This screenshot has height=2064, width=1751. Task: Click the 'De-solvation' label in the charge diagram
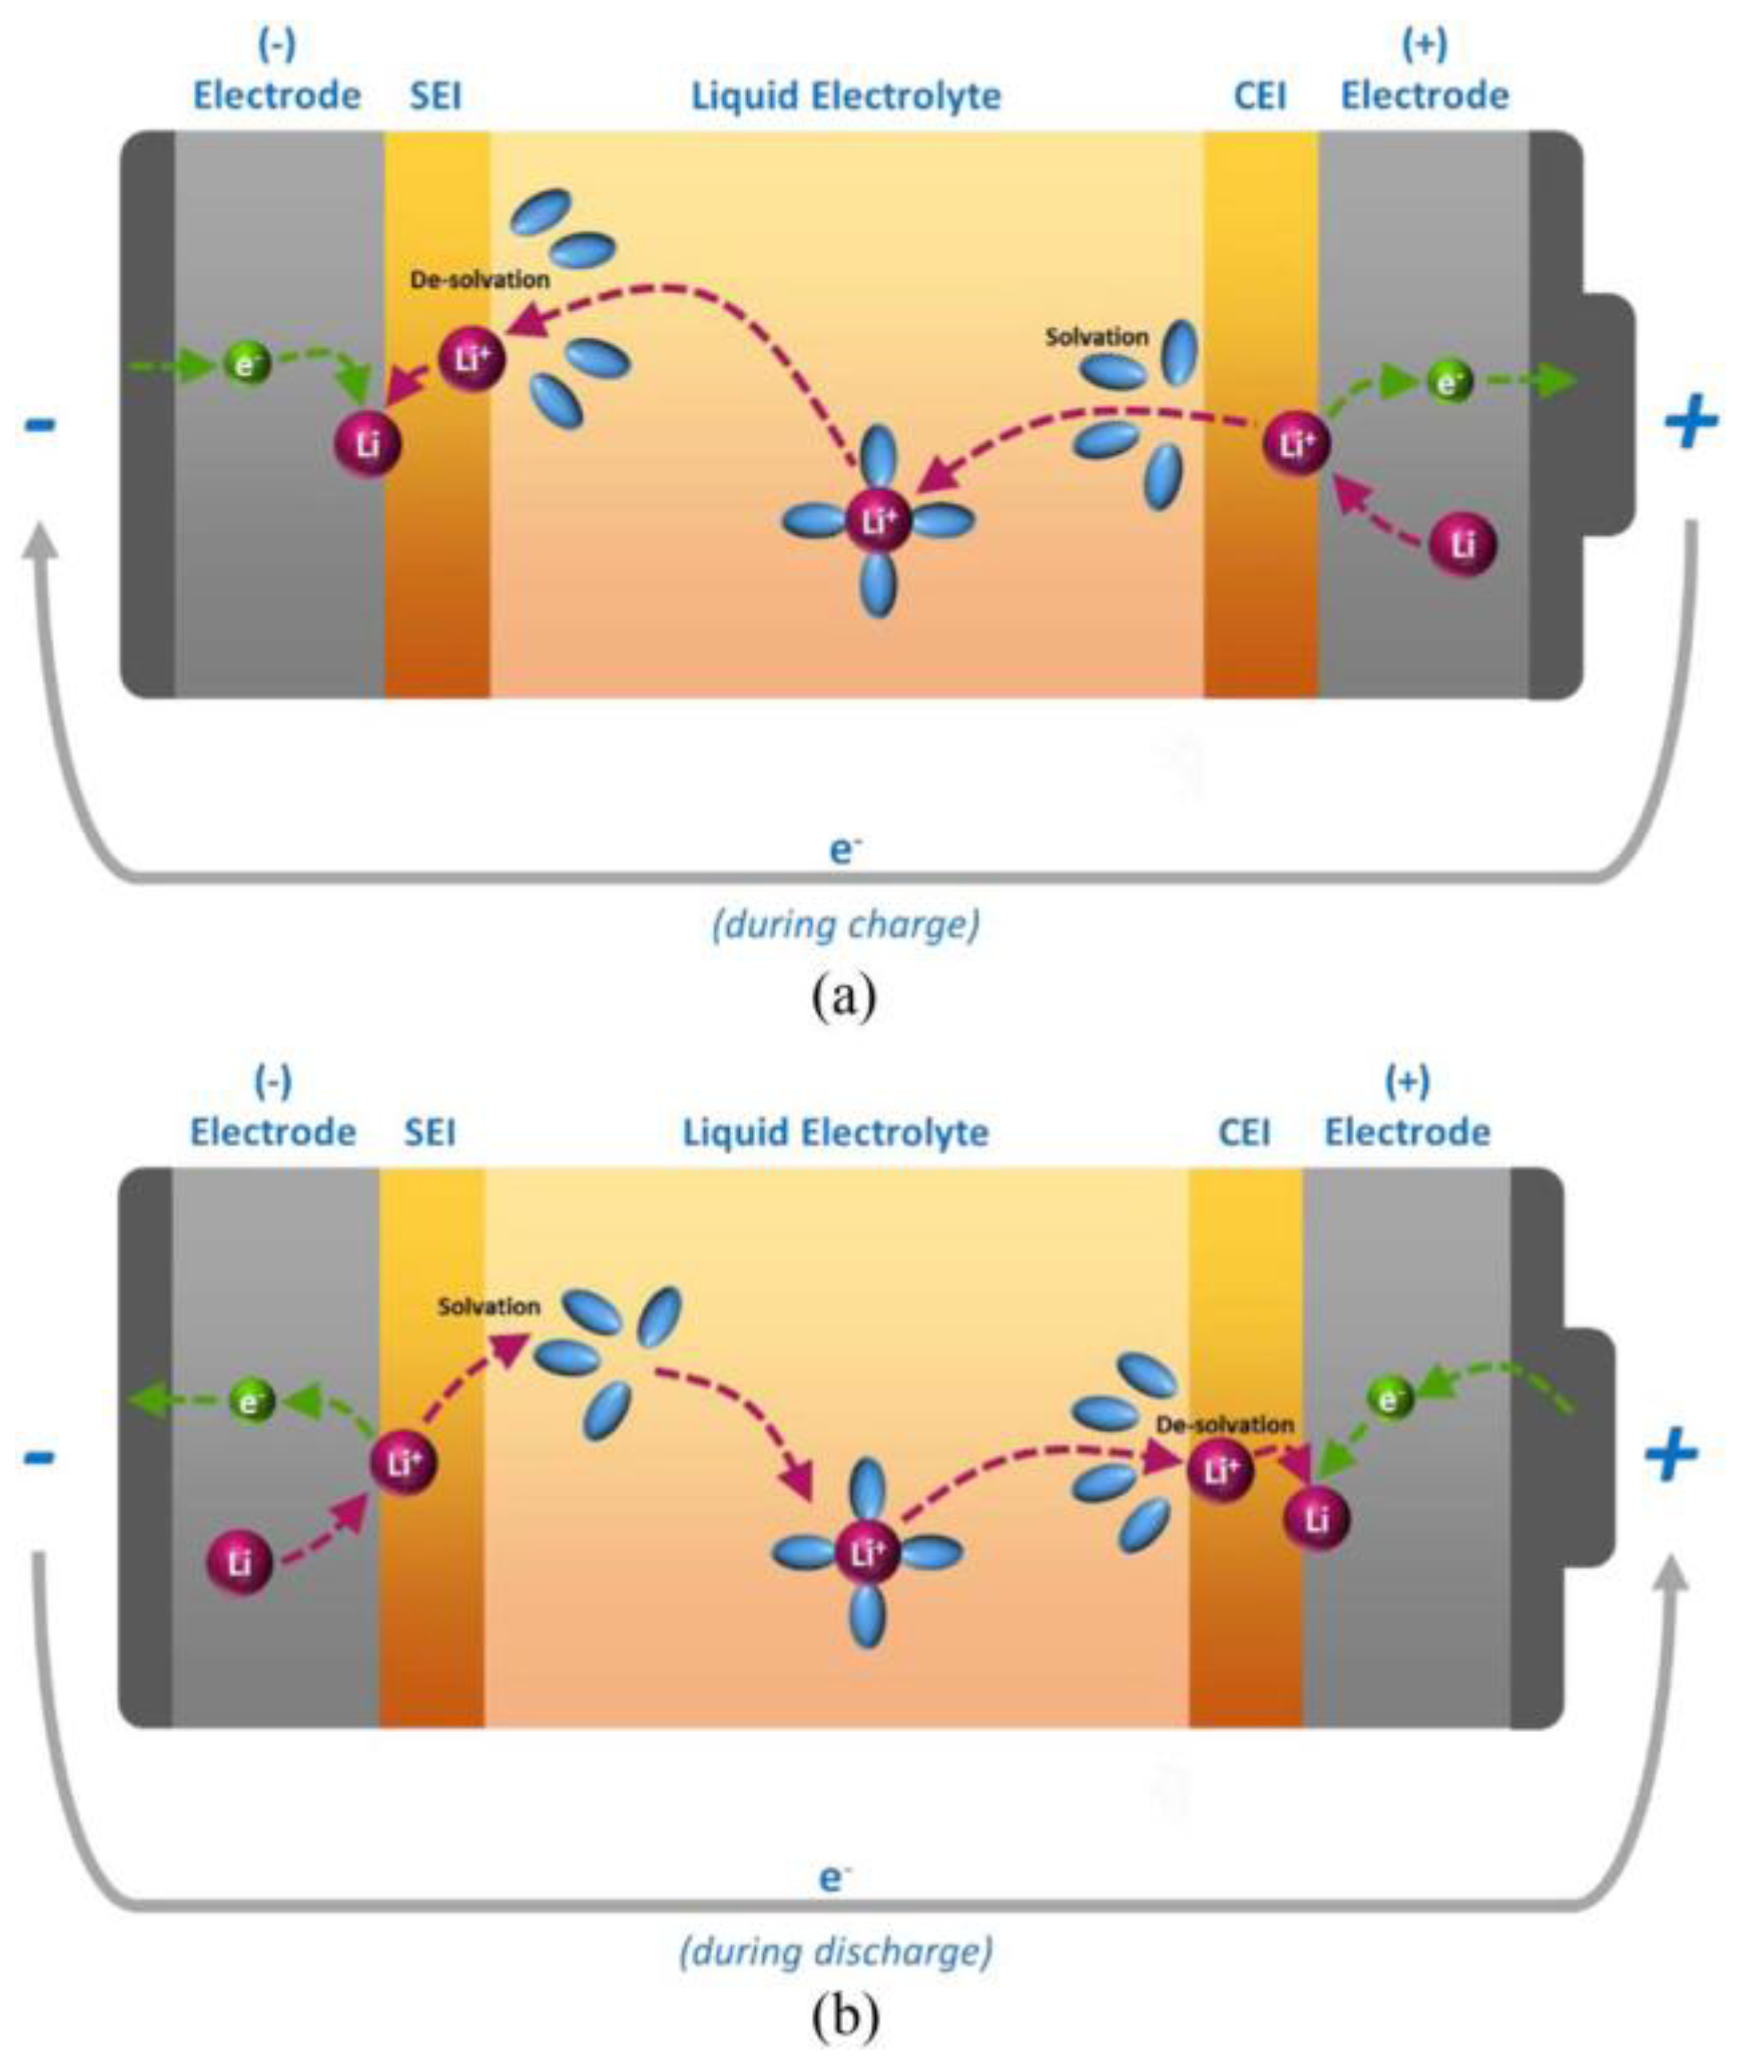point(480,279)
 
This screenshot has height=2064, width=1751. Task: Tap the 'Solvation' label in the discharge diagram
point(489,1307)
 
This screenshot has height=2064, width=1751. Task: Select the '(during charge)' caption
point(846,925)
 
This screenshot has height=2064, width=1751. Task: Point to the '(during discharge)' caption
point(836,1951)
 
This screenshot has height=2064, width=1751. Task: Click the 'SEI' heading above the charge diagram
point(436,97)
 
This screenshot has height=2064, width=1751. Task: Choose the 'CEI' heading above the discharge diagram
point(1244,1132)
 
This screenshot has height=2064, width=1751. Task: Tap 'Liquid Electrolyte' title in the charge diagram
point(846,97)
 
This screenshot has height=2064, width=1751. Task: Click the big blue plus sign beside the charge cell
point(1691,422)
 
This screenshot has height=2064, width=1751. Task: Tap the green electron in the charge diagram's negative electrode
point(247,364)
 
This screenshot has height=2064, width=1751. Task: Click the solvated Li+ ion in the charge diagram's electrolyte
point(879,520)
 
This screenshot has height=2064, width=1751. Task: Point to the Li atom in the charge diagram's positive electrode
point(1463,545)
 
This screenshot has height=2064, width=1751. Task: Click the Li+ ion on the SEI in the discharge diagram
point(403,1462)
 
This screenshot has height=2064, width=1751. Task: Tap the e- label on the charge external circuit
point(844,850)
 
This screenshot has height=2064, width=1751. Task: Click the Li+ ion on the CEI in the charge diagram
point(1295,443)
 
